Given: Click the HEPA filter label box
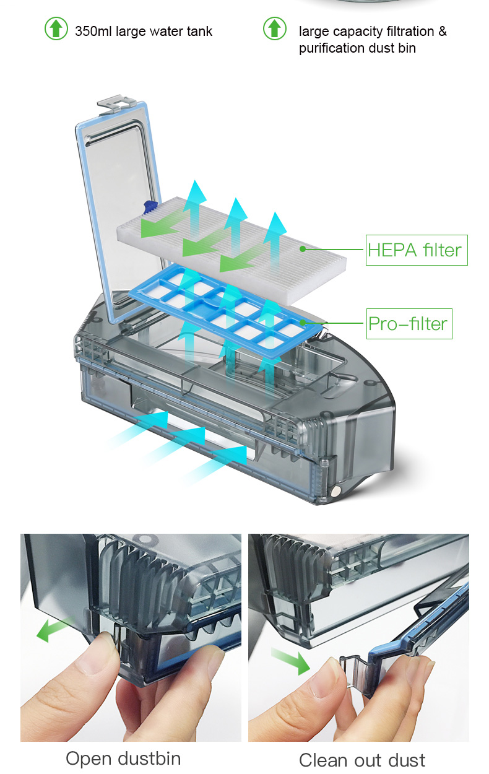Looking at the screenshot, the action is [x=417, y=250].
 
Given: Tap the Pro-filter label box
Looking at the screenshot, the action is [x=409, y=323].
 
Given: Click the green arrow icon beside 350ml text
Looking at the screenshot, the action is [x=56, y=28].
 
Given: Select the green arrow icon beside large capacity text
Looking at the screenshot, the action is [x=275, y=28].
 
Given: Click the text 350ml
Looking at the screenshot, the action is [x=93, y=31].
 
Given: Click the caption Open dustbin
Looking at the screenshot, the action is [x=123, y=759].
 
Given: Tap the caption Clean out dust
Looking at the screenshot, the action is [x=362, y=760].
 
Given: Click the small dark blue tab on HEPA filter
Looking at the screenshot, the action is [x=149, y=207].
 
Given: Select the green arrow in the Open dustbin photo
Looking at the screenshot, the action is [x=53, y=630].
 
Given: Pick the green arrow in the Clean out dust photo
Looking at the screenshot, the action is [x=290, y=660].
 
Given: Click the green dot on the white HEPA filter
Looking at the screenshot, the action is [x=303, y=249].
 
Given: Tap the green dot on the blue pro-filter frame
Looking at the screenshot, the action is [x=303, y=323].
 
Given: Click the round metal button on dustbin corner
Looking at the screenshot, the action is [x=335, y=490].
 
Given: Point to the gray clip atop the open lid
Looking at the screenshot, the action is [x=115, y=103].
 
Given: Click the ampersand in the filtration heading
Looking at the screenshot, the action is [x=443, y=31].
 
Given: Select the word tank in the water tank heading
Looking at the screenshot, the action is [x=199, y=31].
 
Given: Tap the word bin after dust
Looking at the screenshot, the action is [x=407, y=48].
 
